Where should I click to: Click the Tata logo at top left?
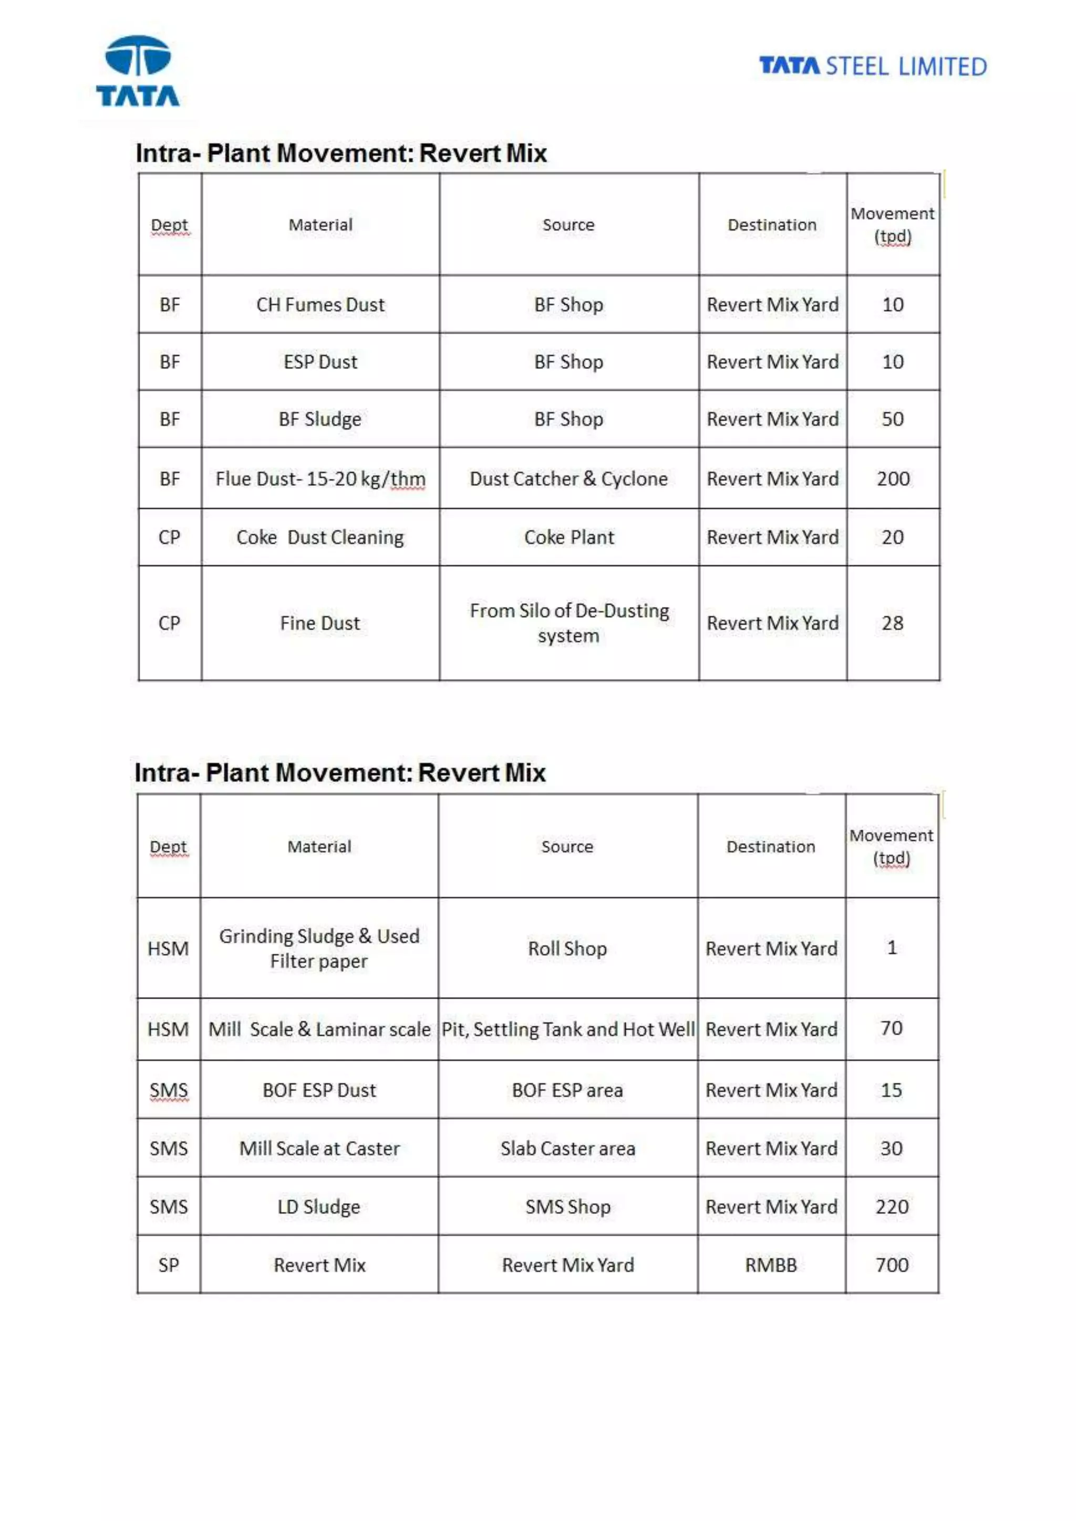(138, 71)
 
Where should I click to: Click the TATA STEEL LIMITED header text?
(873, 66)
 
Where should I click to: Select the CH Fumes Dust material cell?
(320, 305)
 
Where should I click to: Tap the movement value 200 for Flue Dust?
(893, 478)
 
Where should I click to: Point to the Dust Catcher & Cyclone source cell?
(568, 478)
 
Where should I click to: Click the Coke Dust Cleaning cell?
(320, 537)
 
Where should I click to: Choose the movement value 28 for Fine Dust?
(893, 623)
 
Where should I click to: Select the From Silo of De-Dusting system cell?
(568, 623)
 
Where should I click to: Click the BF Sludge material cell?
(320, 419)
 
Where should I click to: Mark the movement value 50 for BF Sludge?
(893, 419)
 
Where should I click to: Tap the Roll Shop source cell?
(567, 948)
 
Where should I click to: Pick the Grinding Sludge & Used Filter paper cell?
(319, 948)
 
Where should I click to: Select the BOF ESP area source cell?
(567, 1090)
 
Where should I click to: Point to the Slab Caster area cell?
(567, 1148)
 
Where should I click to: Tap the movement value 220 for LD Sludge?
(892, 1206)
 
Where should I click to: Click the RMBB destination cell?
(771, 1265)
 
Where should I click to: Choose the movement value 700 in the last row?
(892, 1265)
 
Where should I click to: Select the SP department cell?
(168, 1265)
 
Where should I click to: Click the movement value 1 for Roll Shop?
(892, 947)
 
